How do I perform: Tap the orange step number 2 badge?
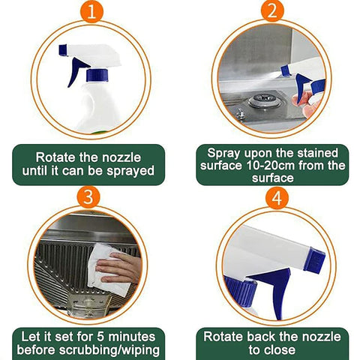point(271,13)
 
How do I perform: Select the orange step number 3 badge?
point(90,196)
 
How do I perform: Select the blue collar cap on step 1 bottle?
point(97,75)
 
